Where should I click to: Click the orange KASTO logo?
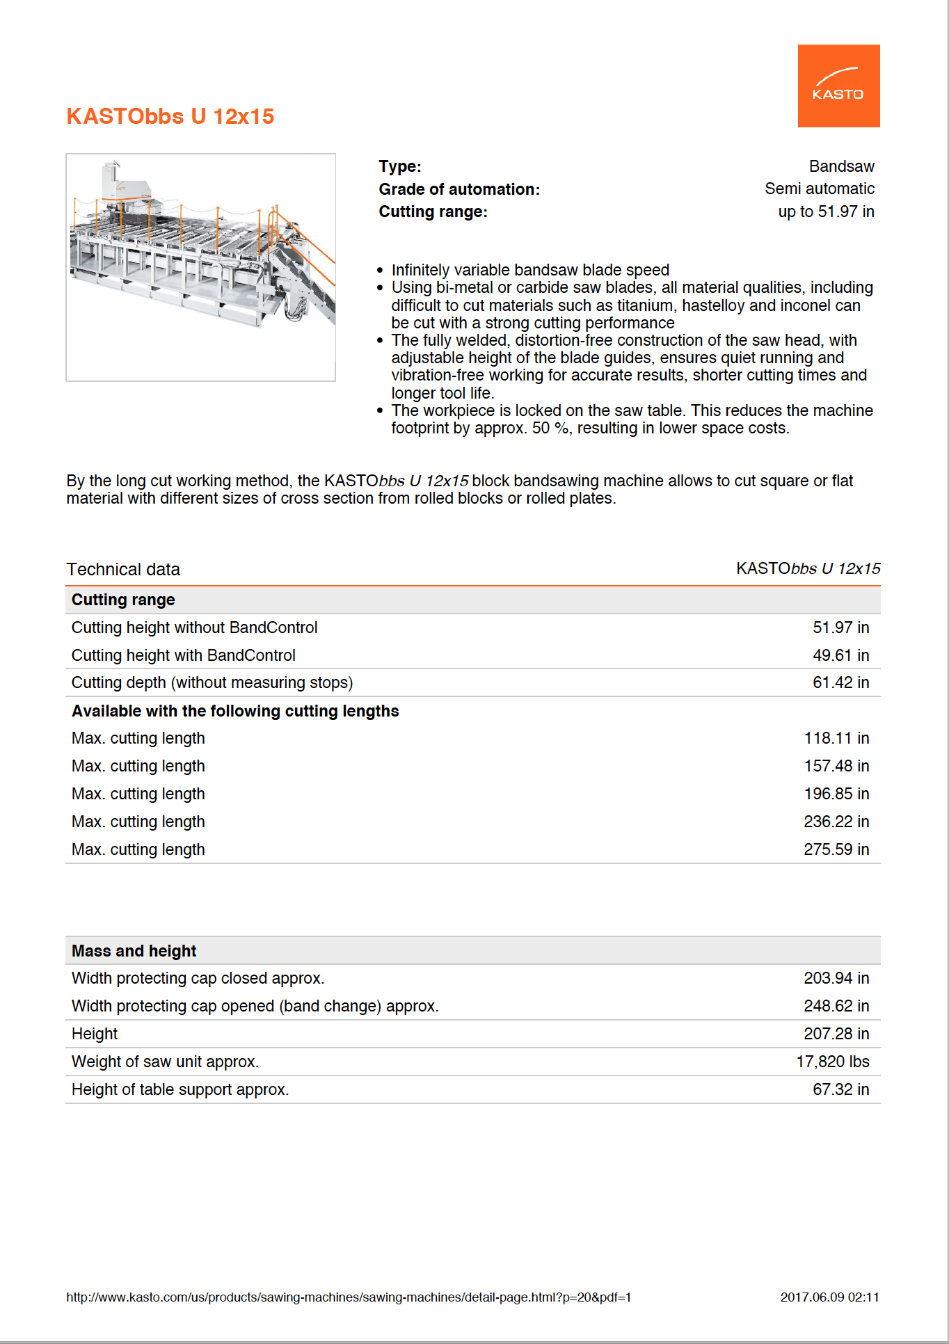coord(838,86)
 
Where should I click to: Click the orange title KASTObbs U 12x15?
coord(170,116)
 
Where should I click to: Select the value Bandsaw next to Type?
coord(841,167)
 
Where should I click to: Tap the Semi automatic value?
coord(819,189)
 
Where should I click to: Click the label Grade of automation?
coord(458,189)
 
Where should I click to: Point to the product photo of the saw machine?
coord(200,267)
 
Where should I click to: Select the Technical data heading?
coord(123,570)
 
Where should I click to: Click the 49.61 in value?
coord(840,655)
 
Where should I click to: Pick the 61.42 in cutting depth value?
coord(840,683)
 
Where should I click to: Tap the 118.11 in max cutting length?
coord(836,739)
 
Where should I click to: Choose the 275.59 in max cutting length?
coord(836,850)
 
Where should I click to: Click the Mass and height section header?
coord(134,951)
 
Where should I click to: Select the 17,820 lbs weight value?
coord(832,1062)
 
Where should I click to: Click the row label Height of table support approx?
coord(180,1090)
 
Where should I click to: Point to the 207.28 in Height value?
coord(836,1034)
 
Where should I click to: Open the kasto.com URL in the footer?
coord(349,1297)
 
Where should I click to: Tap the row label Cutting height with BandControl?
coord(183,655)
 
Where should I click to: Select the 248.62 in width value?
coord(836,1007)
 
